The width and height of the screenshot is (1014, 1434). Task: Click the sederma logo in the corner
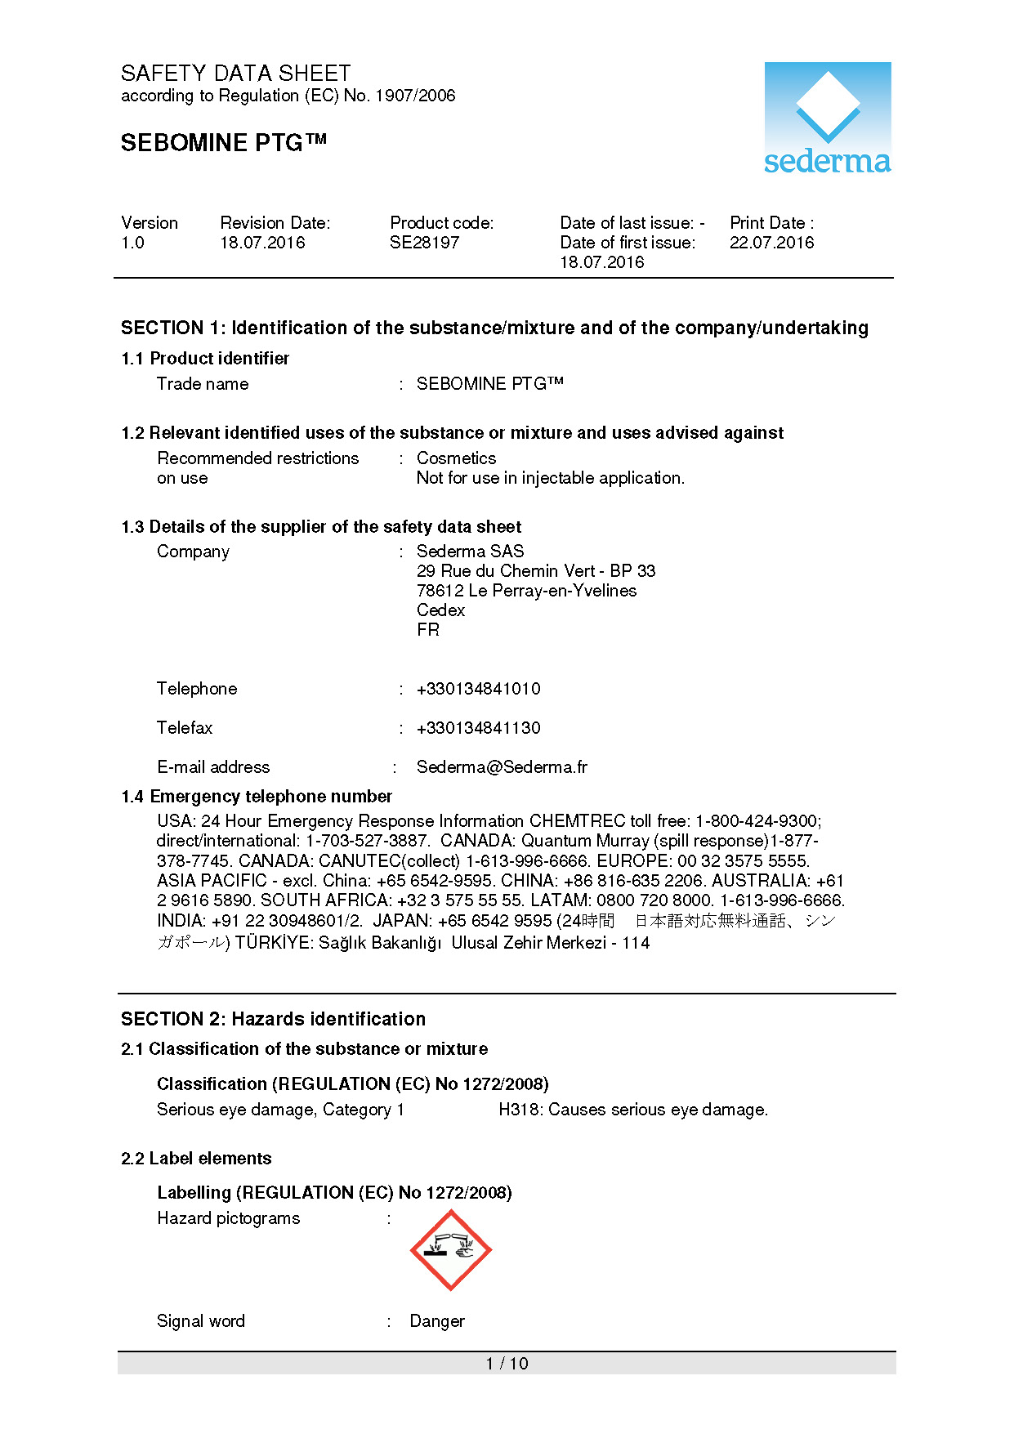tap(827, 118)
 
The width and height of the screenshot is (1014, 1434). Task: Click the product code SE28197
tap(424, 243)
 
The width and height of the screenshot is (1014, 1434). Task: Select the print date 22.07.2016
tap(771, 243)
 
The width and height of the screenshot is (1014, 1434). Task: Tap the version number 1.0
tap(132, 243)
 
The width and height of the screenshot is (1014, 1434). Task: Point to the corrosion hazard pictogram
tap(450, 1250)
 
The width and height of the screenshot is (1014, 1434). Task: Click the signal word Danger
tap(437, 1321)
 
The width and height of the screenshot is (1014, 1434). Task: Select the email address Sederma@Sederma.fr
tap(502, 767)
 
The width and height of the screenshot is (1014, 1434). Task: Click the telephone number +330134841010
tap(478, 689)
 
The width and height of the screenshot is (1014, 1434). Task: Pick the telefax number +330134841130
tap(478, 728)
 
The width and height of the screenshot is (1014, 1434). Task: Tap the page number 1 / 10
tap(507, 1363)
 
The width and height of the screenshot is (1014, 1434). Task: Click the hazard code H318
tap(520, 1110)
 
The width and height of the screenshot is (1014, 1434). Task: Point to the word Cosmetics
tap(456, 458)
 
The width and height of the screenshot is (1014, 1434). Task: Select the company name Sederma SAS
tap(470, 552)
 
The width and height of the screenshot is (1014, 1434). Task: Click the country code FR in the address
tap(427, 630)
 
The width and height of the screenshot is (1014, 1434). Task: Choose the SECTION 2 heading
tap(273, 1019)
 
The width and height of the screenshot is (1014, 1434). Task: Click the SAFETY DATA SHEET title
tap(235, 74)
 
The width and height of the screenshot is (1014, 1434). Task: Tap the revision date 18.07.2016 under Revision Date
tap(262, 243)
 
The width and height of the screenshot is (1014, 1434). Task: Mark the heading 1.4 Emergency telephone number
tap(257, 797)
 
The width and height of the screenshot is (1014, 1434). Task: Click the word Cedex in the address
tap(440, 610)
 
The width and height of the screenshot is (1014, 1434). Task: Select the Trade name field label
tap(203, 384)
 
